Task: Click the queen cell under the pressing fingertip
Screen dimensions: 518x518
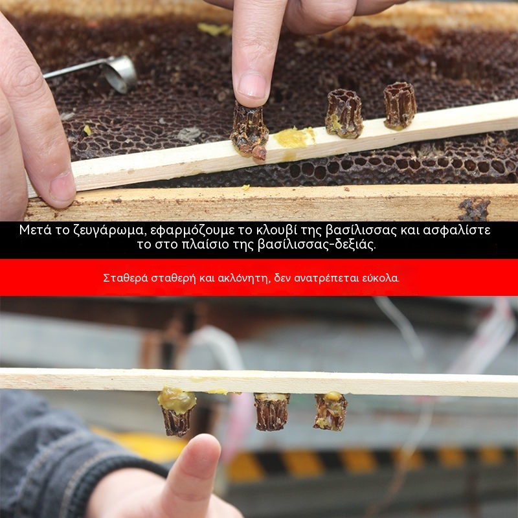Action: coord(249,132)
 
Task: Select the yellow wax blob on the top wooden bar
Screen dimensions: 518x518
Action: coord(294,137)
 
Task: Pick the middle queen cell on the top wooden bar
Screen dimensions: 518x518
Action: coord(344,114)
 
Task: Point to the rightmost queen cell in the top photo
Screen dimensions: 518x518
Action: coord(400,106)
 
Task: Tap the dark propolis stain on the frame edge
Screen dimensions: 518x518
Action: coord(475,209)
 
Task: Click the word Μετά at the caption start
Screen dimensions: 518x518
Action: coord(36,230)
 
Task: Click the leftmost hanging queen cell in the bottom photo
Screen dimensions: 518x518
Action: coord(177,412)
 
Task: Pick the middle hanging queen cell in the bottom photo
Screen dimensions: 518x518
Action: coord(271,411)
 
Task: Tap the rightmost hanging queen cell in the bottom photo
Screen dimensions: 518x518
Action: coord(330,411)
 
